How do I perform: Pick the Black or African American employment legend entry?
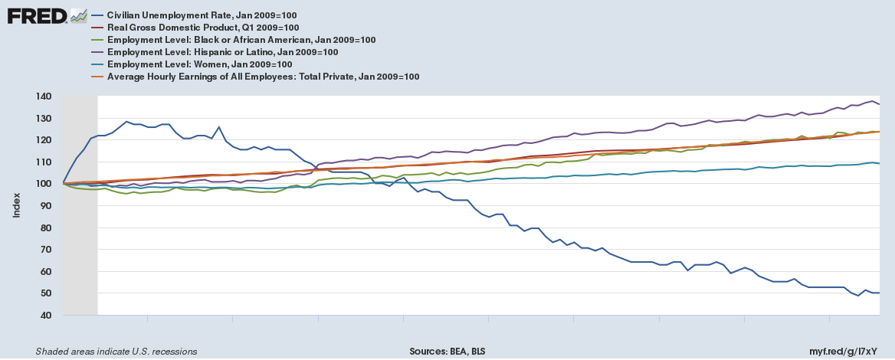click(241, 40)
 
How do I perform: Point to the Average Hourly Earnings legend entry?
click(263, 77)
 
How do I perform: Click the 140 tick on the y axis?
click(42, 97)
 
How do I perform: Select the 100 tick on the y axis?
click(42, 184)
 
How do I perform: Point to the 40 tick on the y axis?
click(44, 316)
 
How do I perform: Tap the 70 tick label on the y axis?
click(44, 250)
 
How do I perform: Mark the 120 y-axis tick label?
click(42, 140)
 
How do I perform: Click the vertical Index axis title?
click(16, 205)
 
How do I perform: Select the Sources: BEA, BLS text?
click(447, 352)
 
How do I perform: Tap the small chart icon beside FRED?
click(78, 15)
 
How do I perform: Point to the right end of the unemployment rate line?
click(878, 293)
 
